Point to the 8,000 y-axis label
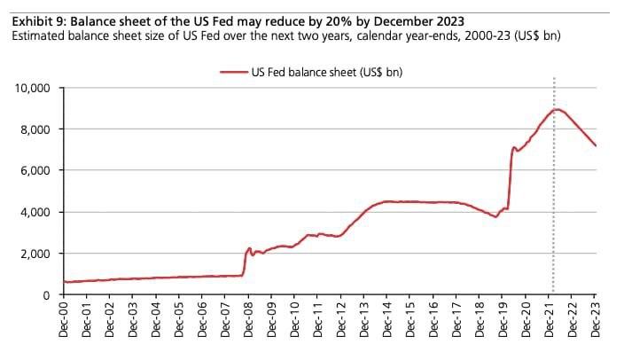pyautogui.click(x=36, y=129)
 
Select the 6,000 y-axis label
pyautogui.click(x=36, y=170)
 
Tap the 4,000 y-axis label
pyautogui.click(x=36, y=212)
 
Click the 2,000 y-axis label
pyautogui.click(x=36, y=254)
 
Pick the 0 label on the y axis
pyautogui.click(x=50, y=294)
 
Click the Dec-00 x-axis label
pyautogui.click(x=65, y=322)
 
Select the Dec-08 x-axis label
pyautogui.click(x=249, y=322)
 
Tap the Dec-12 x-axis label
pyautogui.click(x=341, y=322)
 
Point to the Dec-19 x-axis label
pyautogui.click(x=503, y=322)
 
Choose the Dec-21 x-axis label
pyautogui.click(x=549, y=322)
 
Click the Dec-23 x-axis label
pyautogui.click(x=595, y=322)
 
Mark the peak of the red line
pyautogui.click(x=556, y=109)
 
